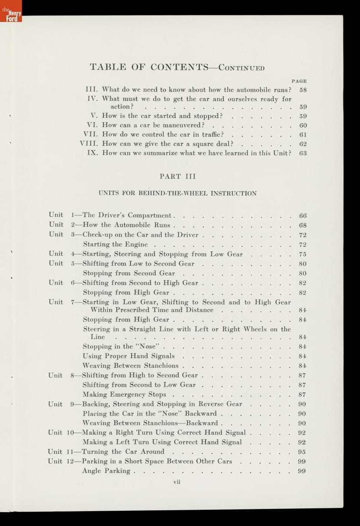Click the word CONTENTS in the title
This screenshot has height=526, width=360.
tap(179, 67)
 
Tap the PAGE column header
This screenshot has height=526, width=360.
tap(299, 81)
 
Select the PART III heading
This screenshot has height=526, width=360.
tap(178, 176)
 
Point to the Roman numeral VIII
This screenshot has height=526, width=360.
tap(89, 144)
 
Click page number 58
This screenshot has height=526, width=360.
tap(303, 90)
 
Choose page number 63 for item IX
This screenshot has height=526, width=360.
tap(303, 153)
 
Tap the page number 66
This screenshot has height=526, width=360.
tap(303, 216)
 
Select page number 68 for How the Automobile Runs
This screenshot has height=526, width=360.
tap(303, 225)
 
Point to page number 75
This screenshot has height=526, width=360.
tap(303, 254)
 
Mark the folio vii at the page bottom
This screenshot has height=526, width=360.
tap(177, 482)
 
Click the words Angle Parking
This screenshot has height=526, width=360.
tap(106, 471)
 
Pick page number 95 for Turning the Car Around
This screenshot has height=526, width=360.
tap(302, 452)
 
